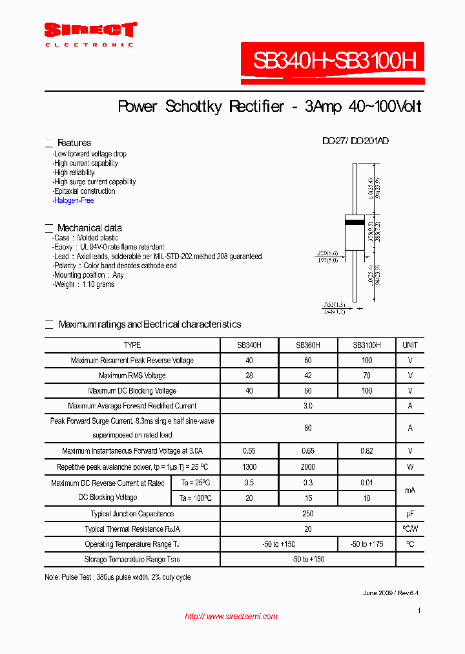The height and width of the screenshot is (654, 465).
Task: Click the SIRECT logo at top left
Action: click(90, 30)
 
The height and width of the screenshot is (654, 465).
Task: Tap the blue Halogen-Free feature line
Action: click(74, 201)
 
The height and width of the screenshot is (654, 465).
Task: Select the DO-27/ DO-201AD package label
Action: click(355, 141)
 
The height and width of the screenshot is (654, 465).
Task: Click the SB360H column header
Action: click(308, 345)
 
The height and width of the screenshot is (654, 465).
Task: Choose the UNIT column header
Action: click(410, 345)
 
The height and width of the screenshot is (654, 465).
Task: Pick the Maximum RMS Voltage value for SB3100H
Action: click(367, 375)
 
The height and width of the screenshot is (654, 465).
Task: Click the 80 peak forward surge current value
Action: click(308, 428)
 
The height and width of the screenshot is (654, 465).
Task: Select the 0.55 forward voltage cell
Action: click(249, 451)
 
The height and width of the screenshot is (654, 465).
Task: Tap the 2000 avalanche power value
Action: click(308, 467)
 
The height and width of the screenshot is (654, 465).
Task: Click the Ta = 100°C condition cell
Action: click(196, 498)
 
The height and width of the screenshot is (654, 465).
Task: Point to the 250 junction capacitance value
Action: click(308, 514)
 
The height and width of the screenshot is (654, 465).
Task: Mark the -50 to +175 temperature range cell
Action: click(367, 544)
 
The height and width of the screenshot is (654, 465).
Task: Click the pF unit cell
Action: click(410, 514)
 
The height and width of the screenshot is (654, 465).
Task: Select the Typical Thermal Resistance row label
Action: click(132, 529)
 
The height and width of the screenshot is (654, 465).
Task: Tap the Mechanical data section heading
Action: click(89, 228)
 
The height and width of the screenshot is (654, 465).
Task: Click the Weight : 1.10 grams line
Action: click(84, 284)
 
